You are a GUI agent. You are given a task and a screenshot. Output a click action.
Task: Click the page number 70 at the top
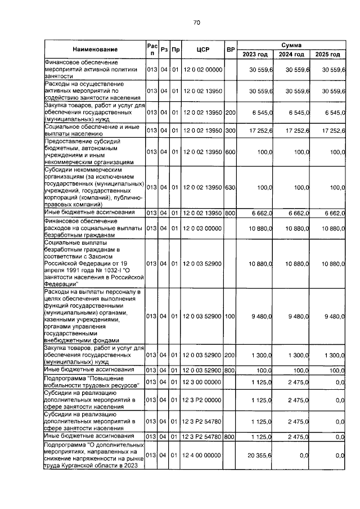[x=196, y=22]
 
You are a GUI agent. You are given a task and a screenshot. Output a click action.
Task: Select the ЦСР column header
[x=203, y=49]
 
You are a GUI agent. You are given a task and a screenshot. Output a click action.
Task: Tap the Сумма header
[x=292, y=44]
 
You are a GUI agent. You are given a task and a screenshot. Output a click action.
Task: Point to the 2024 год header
[x=292, y=55]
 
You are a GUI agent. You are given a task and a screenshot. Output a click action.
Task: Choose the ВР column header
[x=230, y=49]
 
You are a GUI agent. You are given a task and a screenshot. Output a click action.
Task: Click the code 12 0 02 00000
[x=203, y=70]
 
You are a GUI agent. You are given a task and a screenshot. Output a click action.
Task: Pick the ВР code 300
[x=230, y=130]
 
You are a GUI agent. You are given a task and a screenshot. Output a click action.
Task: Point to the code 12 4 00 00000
[x=203, y=457]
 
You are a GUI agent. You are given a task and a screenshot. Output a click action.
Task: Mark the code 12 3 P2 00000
[x=203, y=400]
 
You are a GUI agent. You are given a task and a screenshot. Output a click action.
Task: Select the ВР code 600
[x=230, y=152]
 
